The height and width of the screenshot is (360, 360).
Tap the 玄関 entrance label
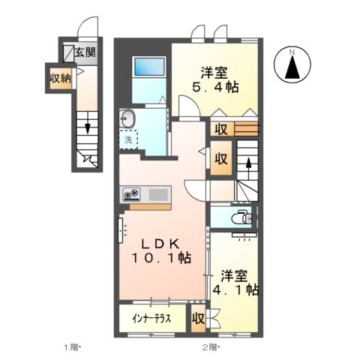tap(85, 52)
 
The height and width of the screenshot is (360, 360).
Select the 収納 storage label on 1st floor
tap(61, 78)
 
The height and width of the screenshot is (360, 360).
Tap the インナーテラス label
tap(152, 318)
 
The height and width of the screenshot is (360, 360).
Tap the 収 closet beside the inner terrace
tap(198, 318)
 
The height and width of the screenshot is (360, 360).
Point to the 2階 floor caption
tap(211, 347)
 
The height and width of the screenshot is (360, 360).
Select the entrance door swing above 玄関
tap(91, 25)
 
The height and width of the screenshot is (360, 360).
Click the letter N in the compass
tap(295, 51)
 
